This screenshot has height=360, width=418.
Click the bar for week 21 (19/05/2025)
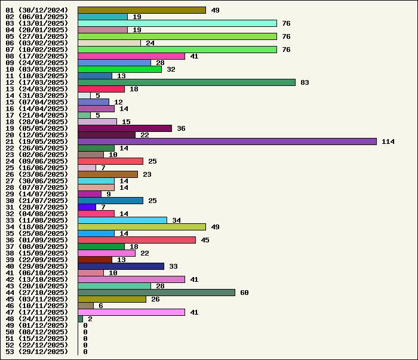227,141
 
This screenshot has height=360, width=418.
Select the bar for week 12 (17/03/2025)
186,82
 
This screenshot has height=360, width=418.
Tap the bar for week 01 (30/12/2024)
142,10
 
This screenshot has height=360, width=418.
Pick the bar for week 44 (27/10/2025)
156,293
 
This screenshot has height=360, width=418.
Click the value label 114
388,141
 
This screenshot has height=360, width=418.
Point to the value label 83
305,82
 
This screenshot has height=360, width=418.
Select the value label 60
244,293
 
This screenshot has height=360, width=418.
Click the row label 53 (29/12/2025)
37,352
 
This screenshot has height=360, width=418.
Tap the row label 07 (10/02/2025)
37,50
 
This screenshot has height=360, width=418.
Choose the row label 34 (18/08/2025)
37,227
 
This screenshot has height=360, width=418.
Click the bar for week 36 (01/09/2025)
137,240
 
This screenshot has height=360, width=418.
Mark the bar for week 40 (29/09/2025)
121,266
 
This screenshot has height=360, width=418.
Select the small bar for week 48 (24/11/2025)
80,319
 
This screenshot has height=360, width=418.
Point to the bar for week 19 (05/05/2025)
125,128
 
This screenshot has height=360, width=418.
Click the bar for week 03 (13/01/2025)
177,23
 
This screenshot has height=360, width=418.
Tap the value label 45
205,240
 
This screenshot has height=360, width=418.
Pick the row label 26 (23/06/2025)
37,174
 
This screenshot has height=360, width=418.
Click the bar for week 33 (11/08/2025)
122,220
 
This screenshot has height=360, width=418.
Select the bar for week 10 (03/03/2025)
119,69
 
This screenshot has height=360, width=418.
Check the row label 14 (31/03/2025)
37,96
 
